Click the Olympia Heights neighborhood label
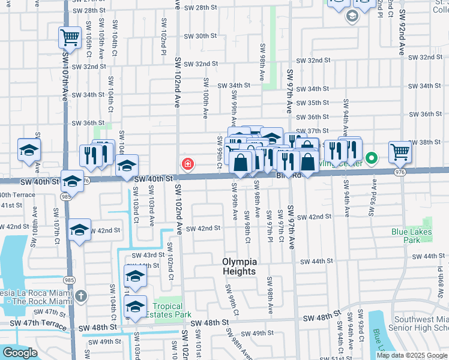(240, 266)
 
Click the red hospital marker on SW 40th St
(188, 164)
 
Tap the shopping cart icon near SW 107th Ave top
(70, 37)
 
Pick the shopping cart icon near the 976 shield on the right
(400, 152)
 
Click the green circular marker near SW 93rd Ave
(372, 158)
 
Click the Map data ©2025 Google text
(411, 355)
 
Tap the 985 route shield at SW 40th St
(64, 197)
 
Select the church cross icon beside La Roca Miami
(82, 296)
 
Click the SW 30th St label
(200, 36)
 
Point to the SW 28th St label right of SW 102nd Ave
(200, 7)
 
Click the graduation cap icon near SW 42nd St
(79, 230)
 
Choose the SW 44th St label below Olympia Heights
(316, 262)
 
